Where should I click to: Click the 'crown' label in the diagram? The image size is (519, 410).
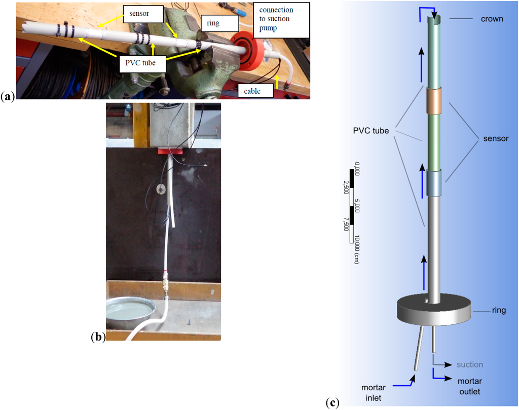492,19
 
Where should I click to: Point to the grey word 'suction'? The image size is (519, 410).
470,364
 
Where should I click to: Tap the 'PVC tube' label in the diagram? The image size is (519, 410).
372,131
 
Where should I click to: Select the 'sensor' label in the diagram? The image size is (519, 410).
495,138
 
